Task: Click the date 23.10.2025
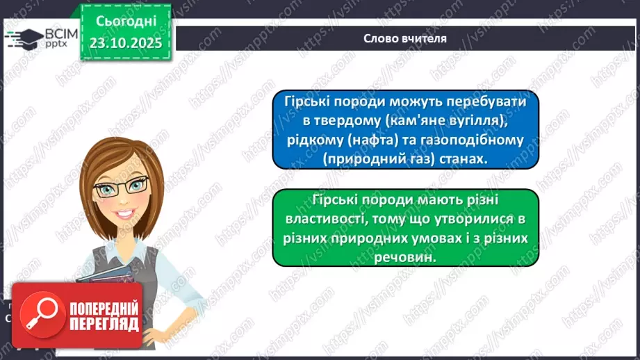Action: (126, 42)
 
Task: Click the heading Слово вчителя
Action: (405, 38)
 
